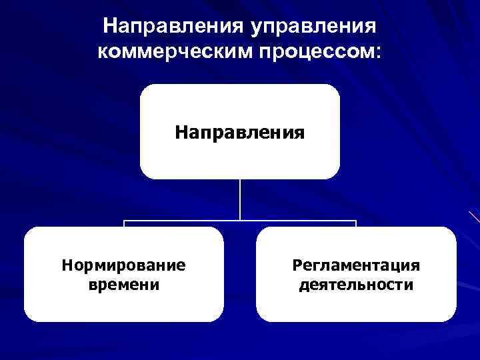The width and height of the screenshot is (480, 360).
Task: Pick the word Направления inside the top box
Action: point(239,132)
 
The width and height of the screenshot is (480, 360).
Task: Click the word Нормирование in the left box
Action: point(123,265)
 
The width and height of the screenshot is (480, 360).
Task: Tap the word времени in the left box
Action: point(123,285)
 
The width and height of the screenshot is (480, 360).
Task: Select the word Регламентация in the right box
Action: point(356,265)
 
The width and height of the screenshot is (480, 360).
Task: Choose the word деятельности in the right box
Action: point(356,285)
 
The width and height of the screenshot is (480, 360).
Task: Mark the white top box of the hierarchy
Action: point(239,100)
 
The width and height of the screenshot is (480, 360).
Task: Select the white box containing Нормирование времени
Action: point(123,307)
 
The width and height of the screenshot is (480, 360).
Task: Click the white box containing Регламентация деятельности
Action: point(356,307)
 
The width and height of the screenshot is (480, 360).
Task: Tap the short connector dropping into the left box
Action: point(124,224)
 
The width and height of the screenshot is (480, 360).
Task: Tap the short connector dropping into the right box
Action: point(356,224)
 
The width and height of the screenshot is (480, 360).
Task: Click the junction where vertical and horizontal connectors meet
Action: point(240,221)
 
